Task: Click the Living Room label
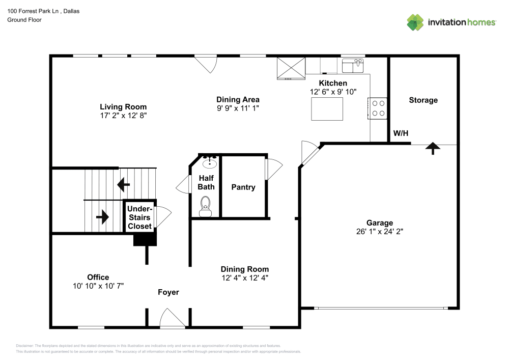click(x=123, y=107)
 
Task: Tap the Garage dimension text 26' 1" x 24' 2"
click(x=380, y=231)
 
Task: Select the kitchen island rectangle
click(x=327, y=108)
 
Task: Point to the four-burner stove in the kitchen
click(x=378, y=108)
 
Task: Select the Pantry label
click(x=243, y=187)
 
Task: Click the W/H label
click(x=401, y=134)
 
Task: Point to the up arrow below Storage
click(x=433, y=148)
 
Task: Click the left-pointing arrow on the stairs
click(x=123, y=183)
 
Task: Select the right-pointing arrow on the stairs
click(x=102, y=217)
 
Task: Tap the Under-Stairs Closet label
click(x=139, y=217)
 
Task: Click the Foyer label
click(x=168, y=292)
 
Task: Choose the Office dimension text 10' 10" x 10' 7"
click(x=98, y=286)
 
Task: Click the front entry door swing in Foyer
click(x=172, y=320)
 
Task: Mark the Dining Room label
click(x=244, y=269)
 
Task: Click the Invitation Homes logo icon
click(x=415, y=22)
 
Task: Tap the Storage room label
click(x=423, y=100)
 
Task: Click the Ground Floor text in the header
click(x=24, y=20)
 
